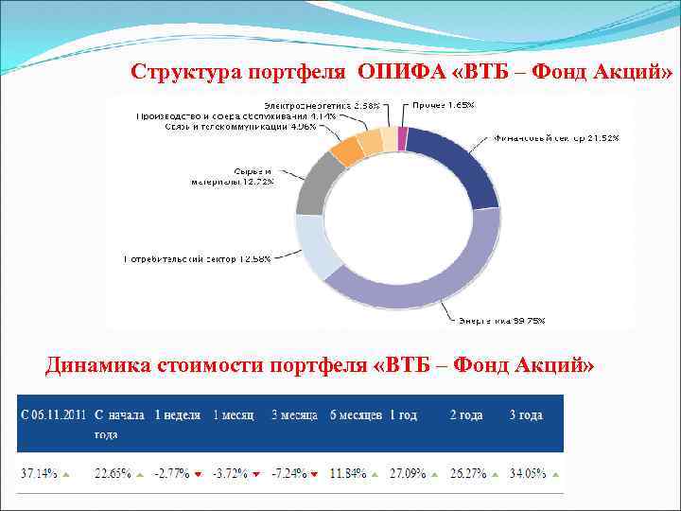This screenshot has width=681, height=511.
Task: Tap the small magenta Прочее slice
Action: [x=403, y=139]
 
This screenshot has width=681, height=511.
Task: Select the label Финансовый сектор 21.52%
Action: [x=555, y=138]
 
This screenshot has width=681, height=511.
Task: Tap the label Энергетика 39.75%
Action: [x=501, y=320]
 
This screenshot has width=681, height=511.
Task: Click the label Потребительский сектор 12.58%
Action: [x=197, y=258]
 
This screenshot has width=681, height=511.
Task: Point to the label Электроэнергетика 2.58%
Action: [x=322, y=104]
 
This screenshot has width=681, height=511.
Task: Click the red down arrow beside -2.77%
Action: [x=197, y=474]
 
